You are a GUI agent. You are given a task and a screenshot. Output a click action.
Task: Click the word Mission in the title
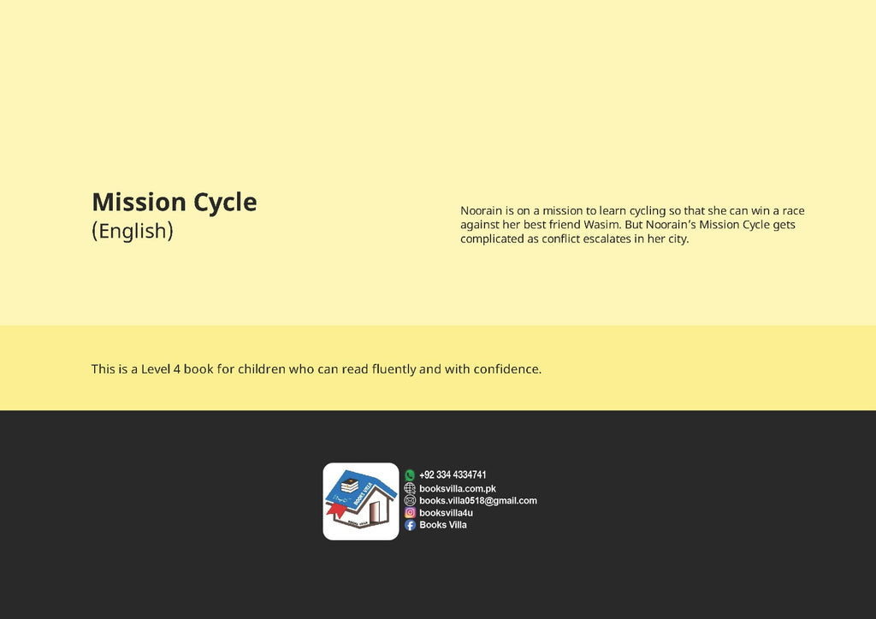[139, 202]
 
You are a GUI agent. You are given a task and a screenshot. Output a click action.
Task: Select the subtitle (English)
[133, 231]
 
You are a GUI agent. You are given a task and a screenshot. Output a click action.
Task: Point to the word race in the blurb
[793, 211]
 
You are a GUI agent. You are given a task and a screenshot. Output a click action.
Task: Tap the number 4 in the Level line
[176, 369]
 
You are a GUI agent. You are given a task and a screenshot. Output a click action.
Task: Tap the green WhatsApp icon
[410, 475]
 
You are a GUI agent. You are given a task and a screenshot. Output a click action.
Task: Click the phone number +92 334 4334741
[453, 475]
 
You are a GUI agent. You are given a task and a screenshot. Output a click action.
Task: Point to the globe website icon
[410, 488]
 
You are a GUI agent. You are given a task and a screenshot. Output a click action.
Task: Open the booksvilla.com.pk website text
[458, 488]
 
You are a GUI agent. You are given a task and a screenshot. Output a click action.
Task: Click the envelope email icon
[410, 501]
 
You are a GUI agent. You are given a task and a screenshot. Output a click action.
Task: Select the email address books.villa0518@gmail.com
[478, 501]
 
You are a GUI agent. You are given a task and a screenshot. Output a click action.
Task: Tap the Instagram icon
[410, 512]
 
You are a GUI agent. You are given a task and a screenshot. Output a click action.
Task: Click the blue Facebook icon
[410, 525]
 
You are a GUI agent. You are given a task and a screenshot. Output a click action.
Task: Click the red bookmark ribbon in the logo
[336, 510]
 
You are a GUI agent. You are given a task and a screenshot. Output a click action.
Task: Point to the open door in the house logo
[374, 511]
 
